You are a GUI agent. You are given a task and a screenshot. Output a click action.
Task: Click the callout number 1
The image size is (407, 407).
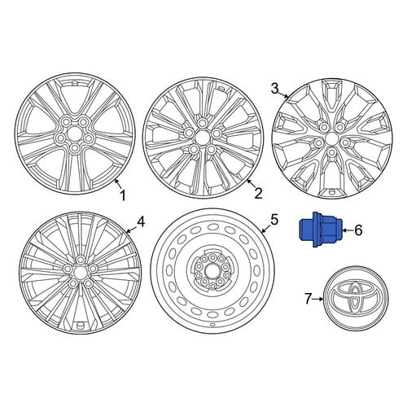coord(123,195)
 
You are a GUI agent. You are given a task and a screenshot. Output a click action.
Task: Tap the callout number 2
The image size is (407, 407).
coord(257,194)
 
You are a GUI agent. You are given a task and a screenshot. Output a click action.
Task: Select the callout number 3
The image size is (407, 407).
coord(275,89)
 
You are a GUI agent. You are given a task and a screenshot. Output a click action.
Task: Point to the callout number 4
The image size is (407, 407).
coord(141,222)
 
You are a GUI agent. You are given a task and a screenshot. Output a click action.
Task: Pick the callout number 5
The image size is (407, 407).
coord(274,220)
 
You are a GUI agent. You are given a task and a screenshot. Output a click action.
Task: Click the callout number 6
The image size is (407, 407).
coord(358,230)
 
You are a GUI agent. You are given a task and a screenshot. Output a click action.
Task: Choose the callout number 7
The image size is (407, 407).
coord(308,299)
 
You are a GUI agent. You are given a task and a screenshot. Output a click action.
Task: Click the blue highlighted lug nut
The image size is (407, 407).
coord(320,230)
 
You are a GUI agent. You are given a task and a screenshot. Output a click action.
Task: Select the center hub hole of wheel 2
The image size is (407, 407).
coord(202,136)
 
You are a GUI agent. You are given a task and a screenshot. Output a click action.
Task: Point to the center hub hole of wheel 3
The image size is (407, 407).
coord(331,139)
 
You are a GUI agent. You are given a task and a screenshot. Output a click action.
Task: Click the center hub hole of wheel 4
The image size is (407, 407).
coord(80,271)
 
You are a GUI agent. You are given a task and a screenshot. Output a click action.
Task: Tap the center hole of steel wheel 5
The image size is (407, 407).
coord(212,271)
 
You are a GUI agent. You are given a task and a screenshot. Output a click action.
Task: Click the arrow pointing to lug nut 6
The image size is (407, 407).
coord(348,230)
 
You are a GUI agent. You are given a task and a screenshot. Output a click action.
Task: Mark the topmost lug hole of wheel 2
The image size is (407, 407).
coord(202,123)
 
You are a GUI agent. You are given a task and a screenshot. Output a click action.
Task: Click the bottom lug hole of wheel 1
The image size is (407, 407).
coord(74,148)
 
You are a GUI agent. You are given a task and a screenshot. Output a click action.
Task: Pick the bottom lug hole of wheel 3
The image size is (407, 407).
coord(331,152)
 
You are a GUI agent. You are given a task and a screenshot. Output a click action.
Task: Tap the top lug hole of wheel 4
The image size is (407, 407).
coord(80,260)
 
